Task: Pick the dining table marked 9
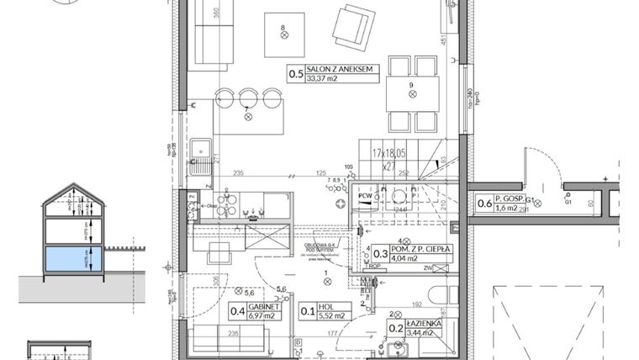(x=411, y=95)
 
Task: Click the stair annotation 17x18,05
(x=389, y=154)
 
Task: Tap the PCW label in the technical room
(x=365, y=196)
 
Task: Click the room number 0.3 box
(x=381, y=253)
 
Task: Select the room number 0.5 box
(x=296, y=74)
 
